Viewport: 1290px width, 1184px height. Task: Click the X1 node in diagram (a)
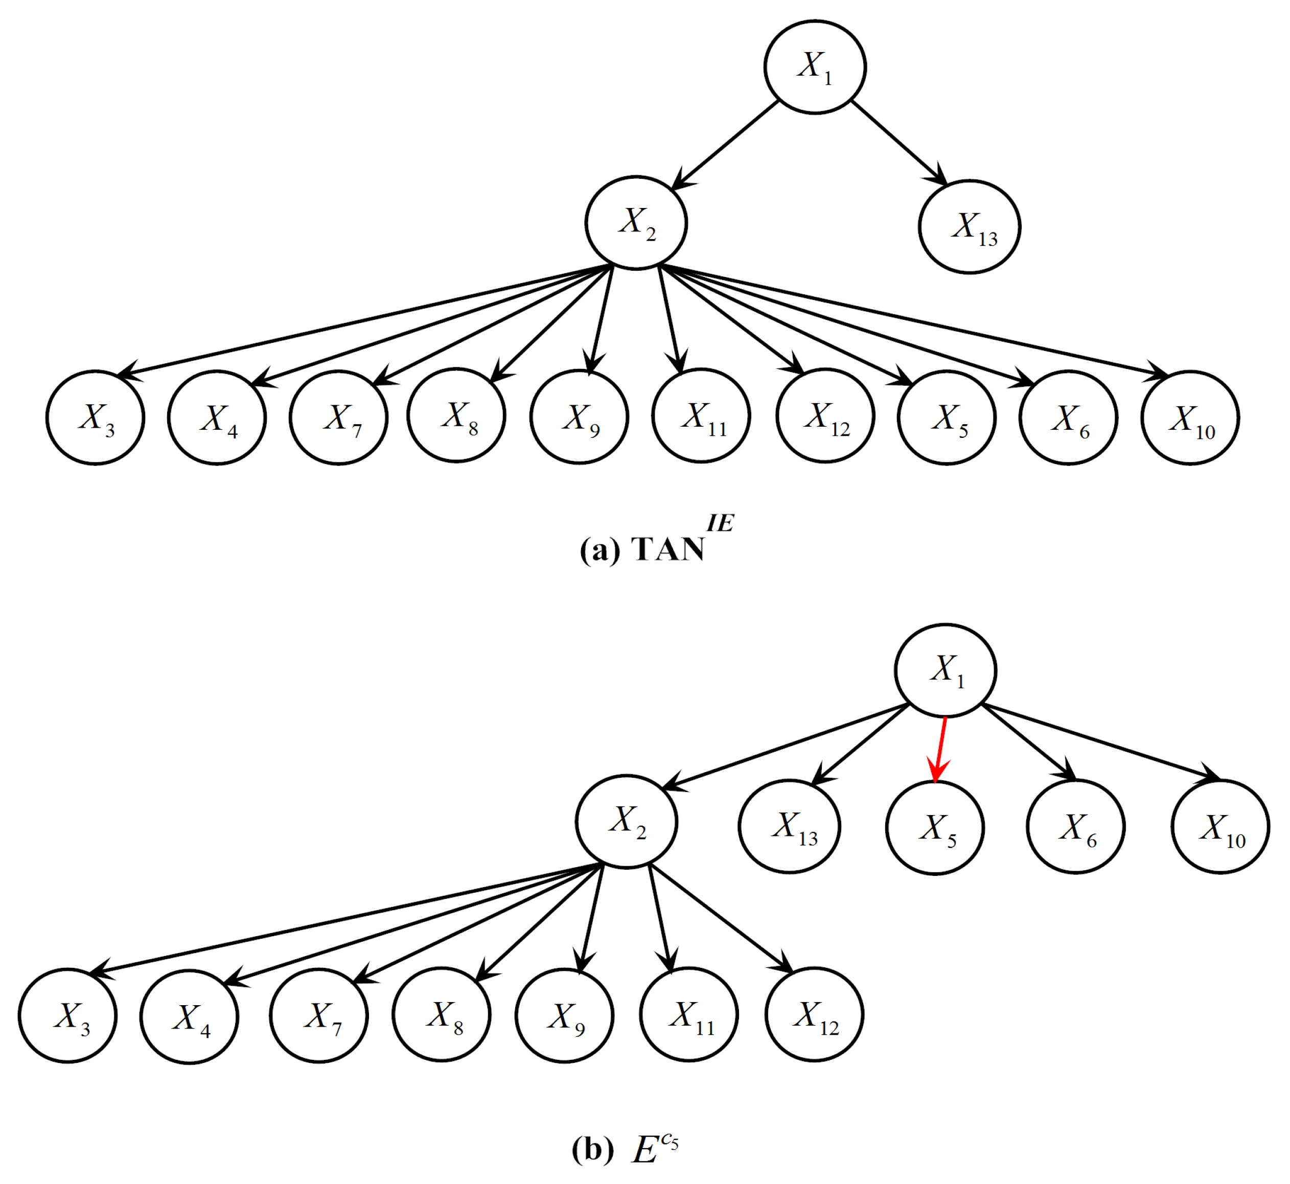pos(815,67)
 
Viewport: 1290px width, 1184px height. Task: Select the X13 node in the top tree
pos(970,227)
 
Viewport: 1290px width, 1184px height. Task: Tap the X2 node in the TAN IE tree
pos(636,223)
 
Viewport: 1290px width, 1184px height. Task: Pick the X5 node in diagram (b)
pos(935,828)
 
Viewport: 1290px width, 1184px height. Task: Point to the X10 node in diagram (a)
pos(1190,417)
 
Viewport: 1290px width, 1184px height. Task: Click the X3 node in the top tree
pos(96,417)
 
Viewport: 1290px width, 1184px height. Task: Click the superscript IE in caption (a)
pos(720,523)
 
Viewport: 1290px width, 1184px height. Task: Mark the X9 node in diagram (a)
pos(579,417)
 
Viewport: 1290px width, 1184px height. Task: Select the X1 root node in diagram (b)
pos(945,669)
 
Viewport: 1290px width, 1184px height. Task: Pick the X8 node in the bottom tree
pos(442,1015)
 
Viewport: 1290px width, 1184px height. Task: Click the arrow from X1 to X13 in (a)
pos(899,143)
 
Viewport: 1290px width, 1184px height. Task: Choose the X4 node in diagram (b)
pos(190,1017)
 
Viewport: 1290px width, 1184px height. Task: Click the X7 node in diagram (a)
pos(338,417)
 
